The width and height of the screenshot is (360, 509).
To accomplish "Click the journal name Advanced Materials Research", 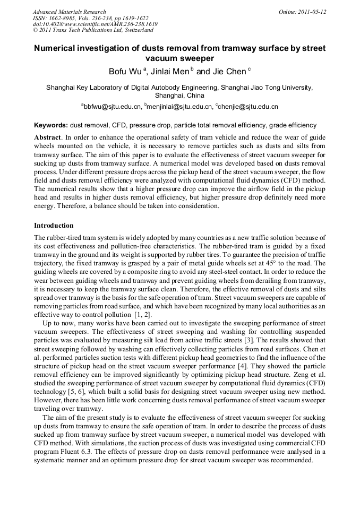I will click(69, 12).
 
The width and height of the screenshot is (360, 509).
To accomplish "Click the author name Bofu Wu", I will click(125, 72).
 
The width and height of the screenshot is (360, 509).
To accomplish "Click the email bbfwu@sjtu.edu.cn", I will click(112, 107).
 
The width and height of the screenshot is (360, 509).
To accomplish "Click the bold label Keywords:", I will click(51, 126).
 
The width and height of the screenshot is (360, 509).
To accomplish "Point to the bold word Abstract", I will click(48, 137).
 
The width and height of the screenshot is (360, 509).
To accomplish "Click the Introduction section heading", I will click(54, 226).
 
